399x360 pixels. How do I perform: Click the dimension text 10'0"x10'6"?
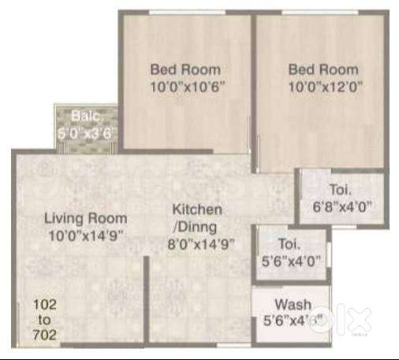(188, 87)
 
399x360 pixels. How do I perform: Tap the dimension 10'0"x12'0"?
(326, 87)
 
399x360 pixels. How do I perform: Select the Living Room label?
(86, 219)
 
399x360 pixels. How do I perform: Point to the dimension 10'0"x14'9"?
(86, 236)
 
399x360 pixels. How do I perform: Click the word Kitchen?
(197, 210)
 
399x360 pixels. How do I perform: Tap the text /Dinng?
(196, 228)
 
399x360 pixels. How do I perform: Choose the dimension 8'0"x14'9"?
(201, 245)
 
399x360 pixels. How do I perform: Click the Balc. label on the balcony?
(87, 116)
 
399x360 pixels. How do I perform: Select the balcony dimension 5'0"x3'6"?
(87, 133)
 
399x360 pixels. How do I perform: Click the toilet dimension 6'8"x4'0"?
(343, 206)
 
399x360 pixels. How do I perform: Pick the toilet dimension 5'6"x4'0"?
(292, 261)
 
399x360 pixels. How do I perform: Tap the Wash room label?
(293, 305)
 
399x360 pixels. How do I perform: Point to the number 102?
(45, 305)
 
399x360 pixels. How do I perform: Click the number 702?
(45, 335)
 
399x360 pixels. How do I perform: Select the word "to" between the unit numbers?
(44, 320)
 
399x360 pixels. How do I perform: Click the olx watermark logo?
(341, 321)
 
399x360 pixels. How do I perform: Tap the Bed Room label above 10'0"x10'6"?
(185, 69)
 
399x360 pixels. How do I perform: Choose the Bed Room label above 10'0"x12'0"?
(323, 69)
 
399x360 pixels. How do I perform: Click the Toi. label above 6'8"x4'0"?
(341, 190)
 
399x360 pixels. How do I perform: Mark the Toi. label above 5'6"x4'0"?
(289, 244)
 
